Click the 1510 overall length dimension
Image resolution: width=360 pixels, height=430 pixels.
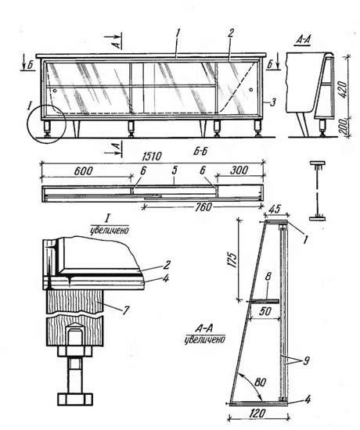(x=152, y=156)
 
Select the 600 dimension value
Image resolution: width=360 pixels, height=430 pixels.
(x=83, y=171)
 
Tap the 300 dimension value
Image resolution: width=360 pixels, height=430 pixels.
(x=239, y=170)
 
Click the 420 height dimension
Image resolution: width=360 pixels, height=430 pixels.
(x=343, y=89)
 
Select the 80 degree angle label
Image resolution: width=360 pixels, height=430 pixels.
(x=260, y=382)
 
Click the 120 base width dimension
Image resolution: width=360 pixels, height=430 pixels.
(x=257, y=414)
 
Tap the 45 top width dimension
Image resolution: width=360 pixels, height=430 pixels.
(x=275, y=210)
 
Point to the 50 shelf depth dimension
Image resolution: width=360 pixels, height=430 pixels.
(x=265, y=311)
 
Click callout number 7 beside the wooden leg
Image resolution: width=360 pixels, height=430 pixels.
(x=125, y=310)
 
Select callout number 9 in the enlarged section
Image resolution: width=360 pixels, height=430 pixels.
(x=306, y=360)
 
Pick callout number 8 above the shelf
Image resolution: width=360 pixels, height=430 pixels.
(x=268, y=277)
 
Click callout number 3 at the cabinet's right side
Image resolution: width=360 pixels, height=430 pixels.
(x=272, y=103)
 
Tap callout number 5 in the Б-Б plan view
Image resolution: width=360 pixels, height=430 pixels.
(x=174, y=170)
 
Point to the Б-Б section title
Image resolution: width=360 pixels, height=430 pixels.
(x=200, y=152)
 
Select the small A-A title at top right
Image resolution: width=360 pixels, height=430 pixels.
(x=303, y=40)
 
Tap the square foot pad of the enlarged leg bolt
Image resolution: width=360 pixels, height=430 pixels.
(x=75, y=400)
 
